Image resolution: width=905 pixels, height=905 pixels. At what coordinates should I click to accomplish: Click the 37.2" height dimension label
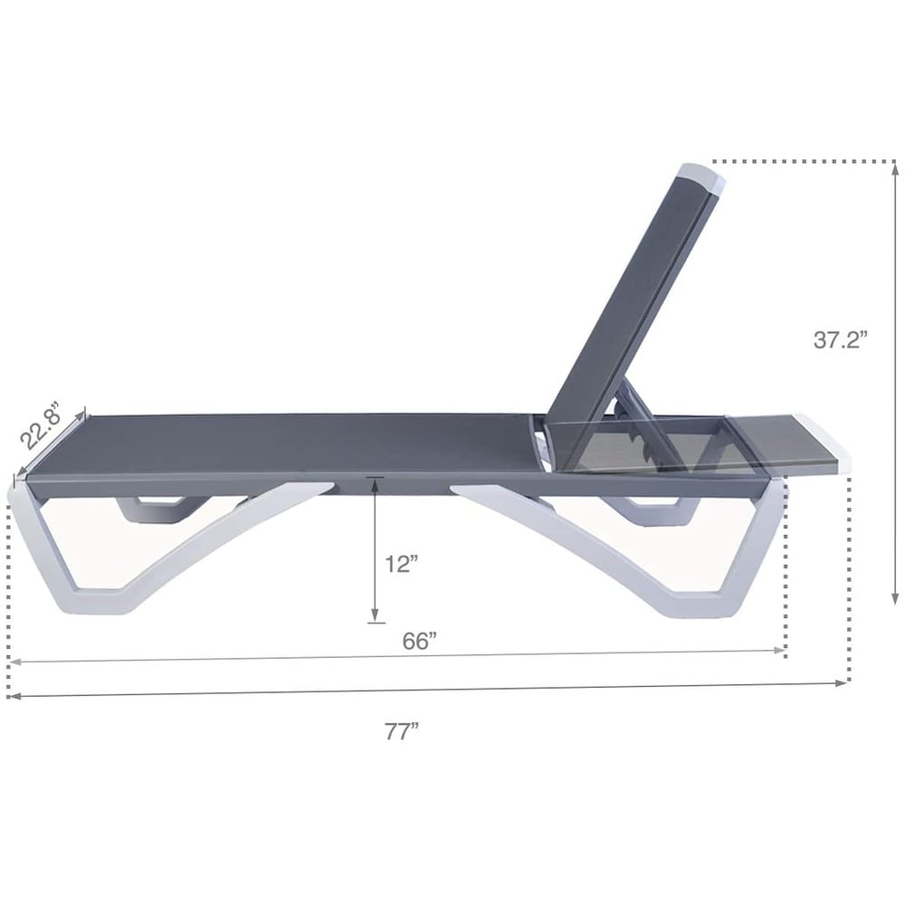(x=840, y=340)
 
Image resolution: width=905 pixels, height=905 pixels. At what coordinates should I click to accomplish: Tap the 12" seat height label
(x=400, y=564)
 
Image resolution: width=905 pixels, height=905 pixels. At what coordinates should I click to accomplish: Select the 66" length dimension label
(x=420, y=641)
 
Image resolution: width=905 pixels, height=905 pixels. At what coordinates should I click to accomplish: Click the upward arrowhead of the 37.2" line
(x=894, y=167)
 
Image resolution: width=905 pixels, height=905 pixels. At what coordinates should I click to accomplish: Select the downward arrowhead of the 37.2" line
(x=894, y=597)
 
